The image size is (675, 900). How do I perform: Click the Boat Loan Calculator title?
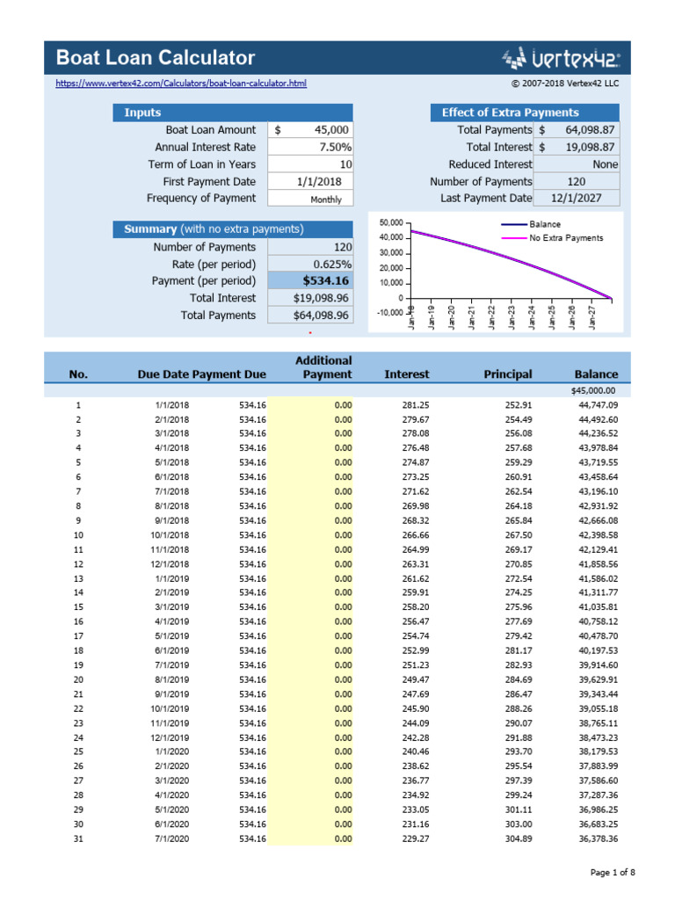click(x=156, y=58)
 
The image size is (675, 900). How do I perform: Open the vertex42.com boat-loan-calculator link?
click(x=181, y=83)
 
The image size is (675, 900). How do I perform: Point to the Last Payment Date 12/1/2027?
click(x=576, y=199)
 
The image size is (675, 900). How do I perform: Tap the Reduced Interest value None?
click(x=576, y=164)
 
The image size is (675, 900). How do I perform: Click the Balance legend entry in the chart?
click(x=544, y=224)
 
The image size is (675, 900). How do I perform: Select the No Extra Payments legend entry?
click(x=565, y=238)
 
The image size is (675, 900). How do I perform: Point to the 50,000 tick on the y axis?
click(x=389, y=222)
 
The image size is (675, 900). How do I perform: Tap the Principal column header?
click(x=508, y=374)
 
